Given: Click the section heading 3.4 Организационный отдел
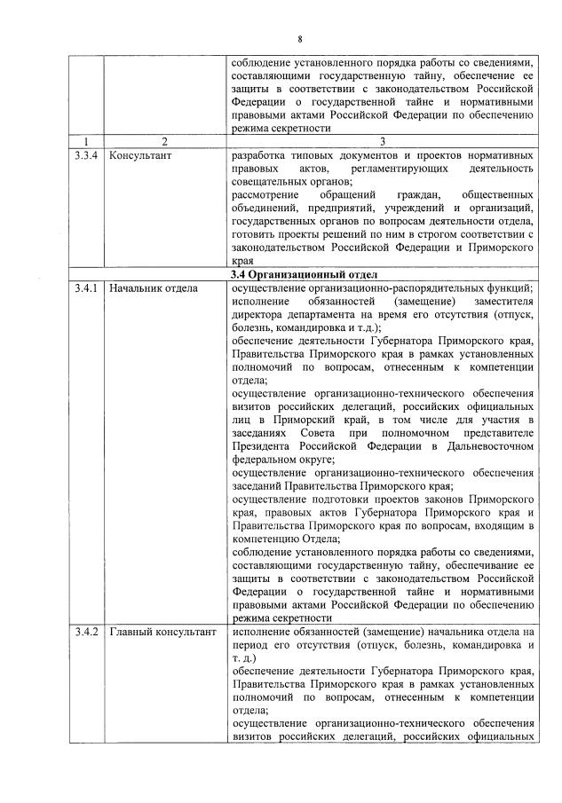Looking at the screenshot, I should [x=302, y=275].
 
